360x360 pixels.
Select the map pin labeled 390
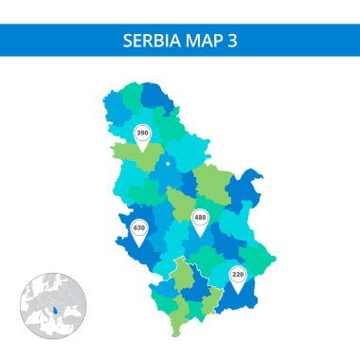[142, 135]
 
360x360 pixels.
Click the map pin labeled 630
[140, 229]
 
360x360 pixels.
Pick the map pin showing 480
[200, 218]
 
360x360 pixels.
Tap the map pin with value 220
[238, 276]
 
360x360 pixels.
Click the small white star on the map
[169, 164]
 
